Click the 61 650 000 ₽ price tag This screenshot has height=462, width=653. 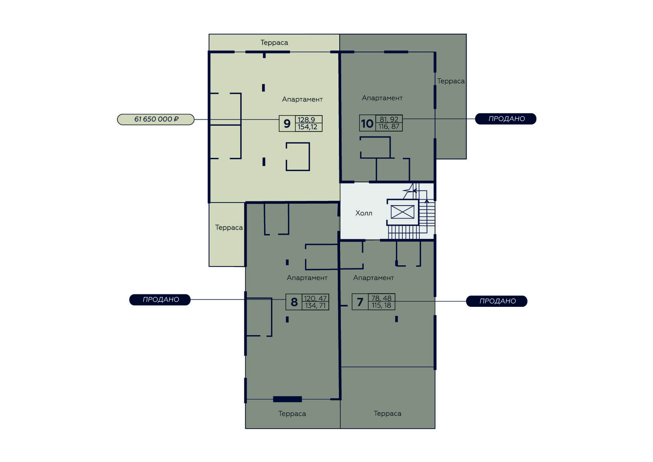point(155,119)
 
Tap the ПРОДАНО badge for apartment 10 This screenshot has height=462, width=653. point(505,119)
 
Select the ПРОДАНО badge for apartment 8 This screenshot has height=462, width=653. point(160,299)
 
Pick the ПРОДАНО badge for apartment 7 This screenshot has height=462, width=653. point(497,301)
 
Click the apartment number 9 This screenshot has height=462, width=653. point(287,124)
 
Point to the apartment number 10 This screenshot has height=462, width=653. point(367,123)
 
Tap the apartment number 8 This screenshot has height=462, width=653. point(294,302)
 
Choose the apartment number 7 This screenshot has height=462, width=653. point(360,302)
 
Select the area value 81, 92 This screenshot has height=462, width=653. point(389,119)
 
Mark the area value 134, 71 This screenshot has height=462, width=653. point(315,305)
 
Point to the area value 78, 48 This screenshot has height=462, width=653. point(381,298)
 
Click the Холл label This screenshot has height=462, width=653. point(364,213)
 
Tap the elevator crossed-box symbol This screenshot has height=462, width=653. point(402,212)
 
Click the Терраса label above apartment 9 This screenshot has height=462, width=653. point(274,43)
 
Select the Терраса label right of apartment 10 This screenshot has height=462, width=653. point(451,81)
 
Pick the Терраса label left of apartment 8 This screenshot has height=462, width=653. point(229,227)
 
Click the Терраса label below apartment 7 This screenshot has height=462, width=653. point(388,413)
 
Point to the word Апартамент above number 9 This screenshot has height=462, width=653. point(302,100)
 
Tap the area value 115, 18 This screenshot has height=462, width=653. point(381,305)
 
